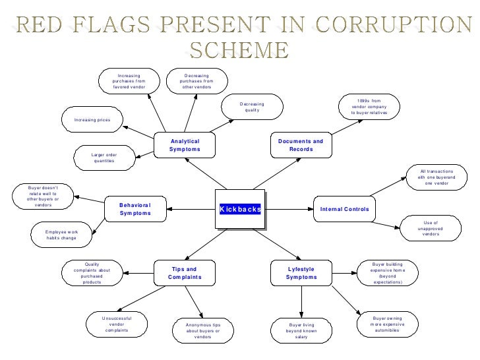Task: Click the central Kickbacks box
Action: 241,209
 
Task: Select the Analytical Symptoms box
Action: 185,145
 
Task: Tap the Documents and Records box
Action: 301,145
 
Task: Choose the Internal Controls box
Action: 344,209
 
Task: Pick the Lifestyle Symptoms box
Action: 301,273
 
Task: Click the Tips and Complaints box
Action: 184,273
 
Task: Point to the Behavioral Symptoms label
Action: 135,209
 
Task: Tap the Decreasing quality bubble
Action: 251,107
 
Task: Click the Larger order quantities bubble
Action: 104,158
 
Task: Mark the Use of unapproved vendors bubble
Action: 431,229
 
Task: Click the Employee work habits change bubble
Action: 61,235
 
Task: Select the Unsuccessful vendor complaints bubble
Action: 117,324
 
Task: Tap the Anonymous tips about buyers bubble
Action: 203,330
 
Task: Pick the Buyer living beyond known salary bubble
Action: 302,330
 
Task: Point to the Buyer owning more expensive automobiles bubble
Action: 386,324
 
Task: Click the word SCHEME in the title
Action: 239,50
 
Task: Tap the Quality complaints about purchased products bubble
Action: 92,273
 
